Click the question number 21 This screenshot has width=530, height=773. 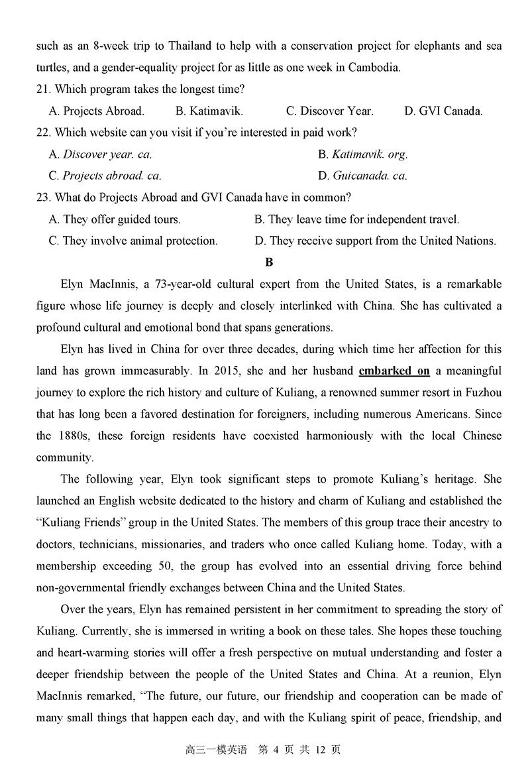tap(42, 89)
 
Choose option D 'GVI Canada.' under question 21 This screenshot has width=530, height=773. tap(443, 111)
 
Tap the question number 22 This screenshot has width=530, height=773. tap(42, 133)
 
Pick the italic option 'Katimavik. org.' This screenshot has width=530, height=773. tap(363, 154)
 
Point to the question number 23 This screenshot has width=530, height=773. tap(42, 198)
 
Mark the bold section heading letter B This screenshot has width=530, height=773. tap(269, 263)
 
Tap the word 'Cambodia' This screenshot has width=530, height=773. tap(376, 68)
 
